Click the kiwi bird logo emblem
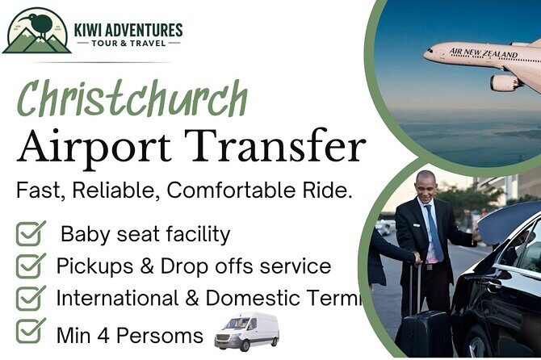click(x=36, y=31)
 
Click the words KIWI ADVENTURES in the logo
click(x=128, y=31)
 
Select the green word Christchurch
click(x=132, y=102)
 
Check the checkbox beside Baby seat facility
click(x=31, y=234)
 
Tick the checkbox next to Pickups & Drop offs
click(x=31, y=266)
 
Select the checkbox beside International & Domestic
click(x=31, y=298)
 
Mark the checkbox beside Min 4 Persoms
click(x=31, y=329)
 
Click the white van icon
click(x=246, y=330)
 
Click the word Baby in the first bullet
click(x=86, y=235)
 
